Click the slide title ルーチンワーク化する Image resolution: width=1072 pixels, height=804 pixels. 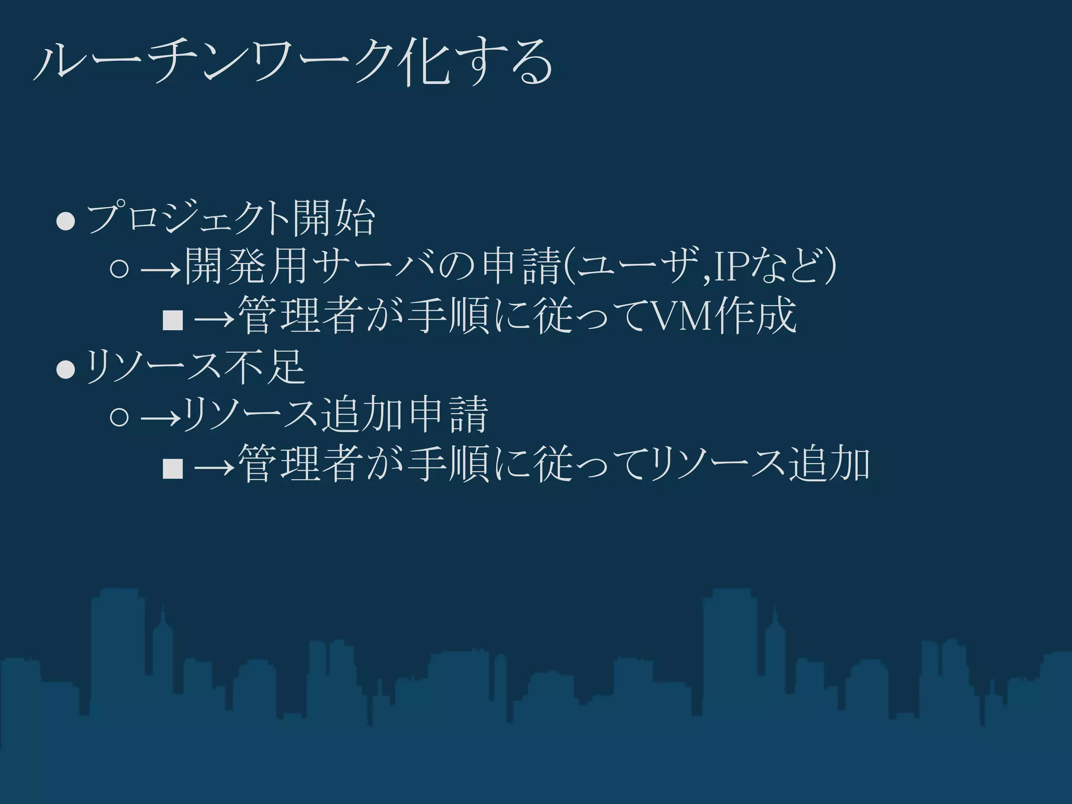pyautogui.click(x=293, y=63)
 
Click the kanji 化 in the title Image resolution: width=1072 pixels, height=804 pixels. pyautogui.click(x=424, y=63)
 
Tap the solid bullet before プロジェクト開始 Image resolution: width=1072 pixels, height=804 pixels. pyautogui.click(x=66, y=220)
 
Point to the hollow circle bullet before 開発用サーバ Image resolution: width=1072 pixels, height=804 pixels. pyautogui.click(x=120, y=269)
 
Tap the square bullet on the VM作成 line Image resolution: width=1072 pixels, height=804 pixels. pyautogui.click(x=173, y=320)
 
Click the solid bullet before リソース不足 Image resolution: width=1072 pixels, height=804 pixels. pyautogui.click(x=66, y=370)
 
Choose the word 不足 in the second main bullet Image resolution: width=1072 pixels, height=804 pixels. pyautogui.click(x=264, y=366)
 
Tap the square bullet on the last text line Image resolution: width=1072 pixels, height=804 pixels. pyautogui.click(x=173, y=468)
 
